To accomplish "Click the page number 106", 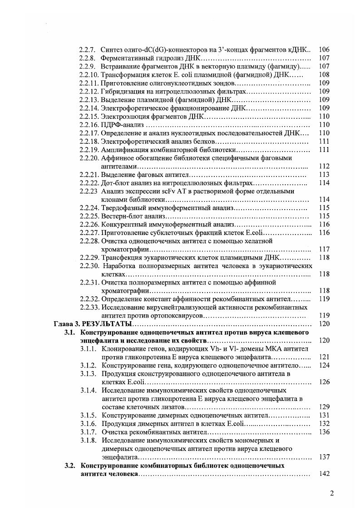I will (x=324, y=49).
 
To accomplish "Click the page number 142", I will (x=324, y=474).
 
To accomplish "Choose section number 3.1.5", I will (x=89, y=415).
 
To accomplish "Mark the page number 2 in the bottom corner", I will (x=332, y=494).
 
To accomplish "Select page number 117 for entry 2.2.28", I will (x=324, y=249).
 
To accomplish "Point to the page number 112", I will (x=324, y=166).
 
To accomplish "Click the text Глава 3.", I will (x=64, y=324).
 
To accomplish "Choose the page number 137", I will (x=324, y=457).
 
